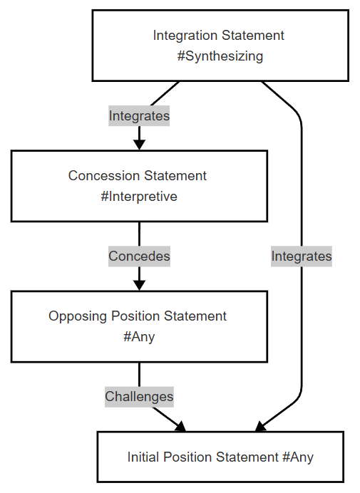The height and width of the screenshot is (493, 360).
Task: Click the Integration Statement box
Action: click(x=220, y=46)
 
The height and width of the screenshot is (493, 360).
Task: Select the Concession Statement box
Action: click(x=139, y=186)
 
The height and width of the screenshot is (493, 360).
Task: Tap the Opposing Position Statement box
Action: click(x=139, y=327)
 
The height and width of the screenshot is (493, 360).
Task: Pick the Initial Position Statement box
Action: click(x=220, y=457)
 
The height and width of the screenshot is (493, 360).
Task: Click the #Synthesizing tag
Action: click(x=220, y=56)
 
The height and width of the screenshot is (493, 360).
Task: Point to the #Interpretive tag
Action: click(x=139, y=197)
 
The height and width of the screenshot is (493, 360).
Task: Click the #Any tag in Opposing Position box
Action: click(x=139, y=337)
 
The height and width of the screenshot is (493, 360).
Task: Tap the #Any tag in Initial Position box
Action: click(x=298, y=457)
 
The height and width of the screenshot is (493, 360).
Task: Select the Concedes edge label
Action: click(x=139, y=256)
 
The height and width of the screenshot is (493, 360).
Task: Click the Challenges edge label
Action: click(x=139, y=397)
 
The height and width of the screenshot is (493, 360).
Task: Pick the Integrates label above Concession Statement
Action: click(x=139, y=115)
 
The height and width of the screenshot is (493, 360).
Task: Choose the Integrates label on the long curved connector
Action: click(x=302, y=256)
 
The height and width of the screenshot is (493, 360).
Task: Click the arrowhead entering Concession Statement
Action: click(x=139, y=145)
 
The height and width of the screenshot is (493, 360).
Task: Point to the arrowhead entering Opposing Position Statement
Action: click(x=139, y=285)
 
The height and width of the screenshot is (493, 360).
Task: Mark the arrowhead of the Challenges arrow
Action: click(x=180, y=426)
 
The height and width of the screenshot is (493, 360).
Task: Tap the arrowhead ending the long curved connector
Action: click(x=260, y=426)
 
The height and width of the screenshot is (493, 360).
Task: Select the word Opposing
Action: click(x=78, y=316)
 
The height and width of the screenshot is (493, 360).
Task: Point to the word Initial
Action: click(x=143, y=457)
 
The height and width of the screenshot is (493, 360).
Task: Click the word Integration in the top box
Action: click(x=185, y=36)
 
